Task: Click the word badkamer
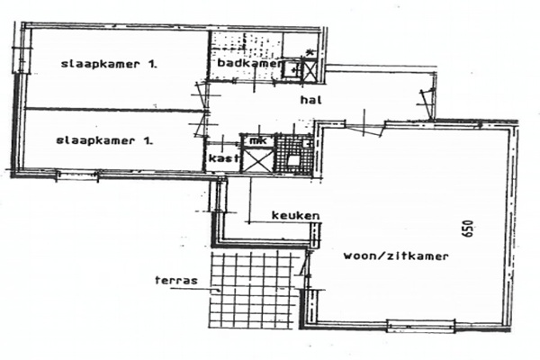249,63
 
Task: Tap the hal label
311,100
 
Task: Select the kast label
224,158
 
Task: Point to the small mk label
258,141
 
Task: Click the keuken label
296,216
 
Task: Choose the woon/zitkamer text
396,256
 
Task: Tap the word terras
176,280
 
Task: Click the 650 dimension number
469,229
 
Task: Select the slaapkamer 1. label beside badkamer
109,64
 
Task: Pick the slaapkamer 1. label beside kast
104,140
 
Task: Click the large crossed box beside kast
258,158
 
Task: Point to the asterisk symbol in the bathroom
310,53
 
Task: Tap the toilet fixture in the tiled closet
293,161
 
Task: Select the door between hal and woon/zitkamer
364,128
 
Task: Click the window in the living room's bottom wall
421,326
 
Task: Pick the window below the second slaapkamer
77,175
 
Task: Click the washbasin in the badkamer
292,69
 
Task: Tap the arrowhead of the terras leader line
218,290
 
